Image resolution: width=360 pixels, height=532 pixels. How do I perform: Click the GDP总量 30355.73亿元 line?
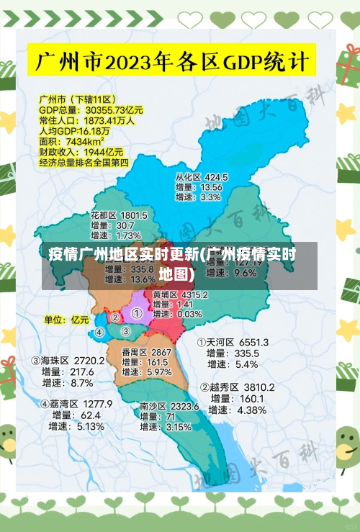coord(91,110)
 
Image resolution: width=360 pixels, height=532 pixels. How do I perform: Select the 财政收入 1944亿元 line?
coord(81,153)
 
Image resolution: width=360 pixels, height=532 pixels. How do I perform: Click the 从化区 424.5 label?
coord(202,176)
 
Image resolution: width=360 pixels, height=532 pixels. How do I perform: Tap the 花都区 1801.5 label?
coord(119,215)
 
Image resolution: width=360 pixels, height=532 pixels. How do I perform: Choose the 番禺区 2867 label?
coord(146,352)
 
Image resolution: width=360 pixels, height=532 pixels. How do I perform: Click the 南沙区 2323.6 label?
coord(169,407)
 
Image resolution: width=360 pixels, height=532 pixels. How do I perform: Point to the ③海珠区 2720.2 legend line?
coord(67,360)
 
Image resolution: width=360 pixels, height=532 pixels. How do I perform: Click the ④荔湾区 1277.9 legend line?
coord(76,404)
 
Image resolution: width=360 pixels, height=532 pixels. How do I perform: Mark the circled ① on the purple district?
coord(136,314)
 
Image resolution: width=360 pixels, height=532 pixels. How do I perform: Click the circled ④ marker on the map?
coord(99,333)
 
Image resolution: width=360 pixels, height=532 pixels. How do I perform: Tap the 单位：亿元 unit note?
coord(67,320)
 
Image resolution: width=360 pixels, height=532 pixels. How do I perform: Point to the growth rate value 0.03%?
coord(189,314)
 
